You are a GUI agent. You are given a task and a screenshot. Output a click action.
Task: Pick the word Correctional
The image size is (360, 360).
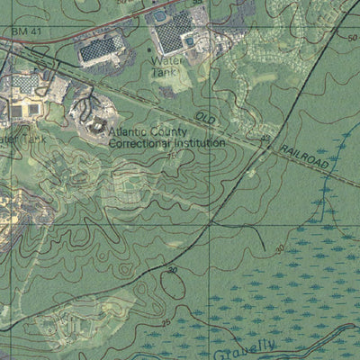coord(140,141)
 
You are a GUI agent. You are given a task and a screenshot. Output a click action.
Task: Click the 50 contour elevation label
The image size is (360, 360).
coord(352,37)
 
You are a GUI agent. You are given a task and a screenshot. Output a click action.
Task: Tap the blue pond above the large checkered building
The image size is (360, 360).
coord(160,15)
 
